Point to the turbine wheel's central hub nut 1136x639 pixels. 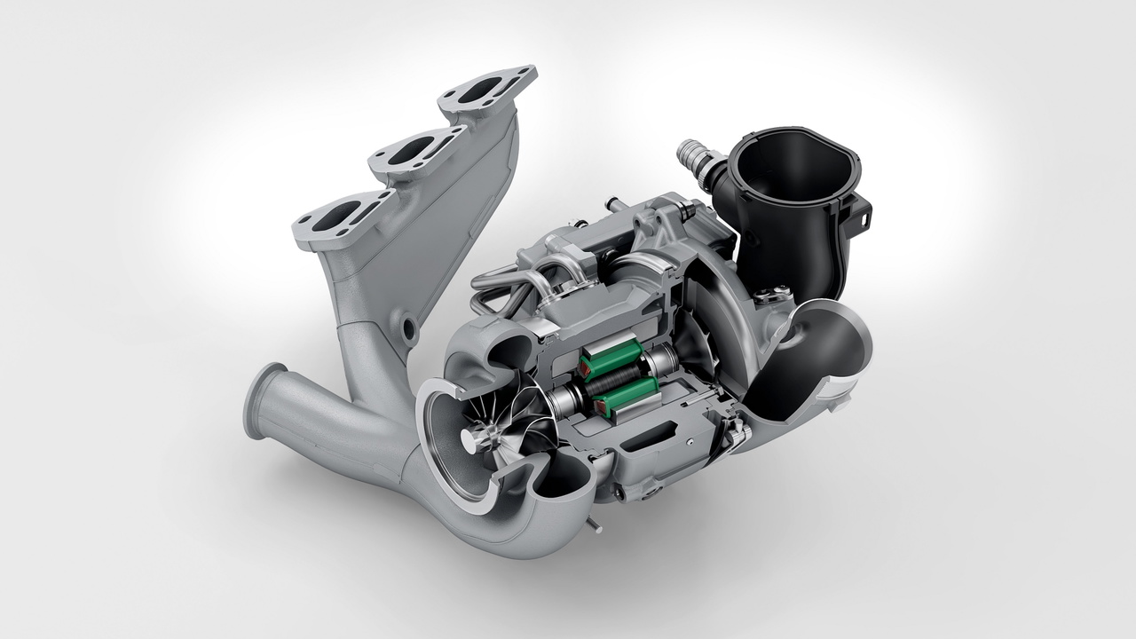485,435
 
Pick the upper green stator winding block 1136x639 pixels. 611,355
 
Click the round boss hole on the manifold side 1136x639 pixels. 410,330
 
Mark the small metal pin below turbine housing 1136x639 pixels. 588,526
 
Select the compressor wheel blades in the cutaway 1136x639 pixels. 701,346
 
